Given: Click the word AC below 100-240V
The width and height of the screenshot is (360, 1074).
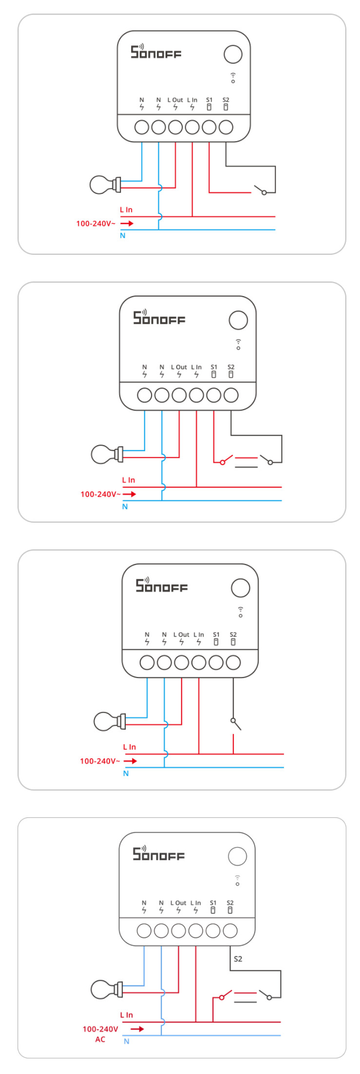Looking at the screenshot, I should (100, 1039).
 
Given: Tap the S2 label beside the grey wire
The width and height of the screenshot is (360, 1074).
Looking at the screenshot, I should (238, 959).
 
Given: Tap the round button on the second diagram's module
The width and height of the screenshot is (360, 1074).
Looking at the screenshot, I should (238, 320).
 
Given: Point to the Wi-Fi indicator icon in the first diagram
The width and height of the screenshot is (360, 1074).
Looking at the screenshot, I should (233, 78).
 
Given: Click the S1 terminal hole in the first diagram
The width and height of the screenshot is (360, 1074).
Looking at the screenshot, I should (209, 127).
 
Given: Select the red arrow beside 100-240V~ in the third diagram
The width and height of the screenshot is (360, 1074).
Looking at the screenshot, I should (130, 761).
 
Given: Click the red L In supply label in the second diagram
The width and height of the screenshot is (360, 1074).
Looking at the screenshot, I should (129, 480).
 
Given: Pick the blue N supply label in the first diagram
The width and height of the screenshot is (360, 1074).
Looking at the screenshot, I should (123, 236).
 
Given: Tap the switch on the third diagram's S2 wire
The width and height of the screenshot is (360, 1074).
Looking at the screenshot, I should (236, 724).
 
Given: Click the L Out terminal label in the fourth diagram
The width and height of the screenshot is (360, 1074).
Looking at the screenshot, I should (178, 903).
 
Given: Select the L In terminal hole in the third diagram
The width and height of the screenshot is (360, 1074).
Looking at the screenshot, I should (199, 662).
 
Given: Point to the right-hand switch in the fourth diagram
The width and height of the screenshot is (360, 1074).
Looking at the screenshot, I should (265, 995).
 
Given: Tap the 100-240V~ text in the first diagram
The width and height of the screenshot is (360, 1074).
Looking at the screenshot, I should (96, 224).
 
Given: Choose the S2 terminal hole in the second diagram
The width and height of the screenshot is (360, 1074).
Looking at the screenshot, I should (231, 395).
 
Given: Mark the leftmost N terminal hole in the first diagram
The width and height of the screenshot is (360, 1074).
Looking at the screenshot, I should (142, 127).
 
